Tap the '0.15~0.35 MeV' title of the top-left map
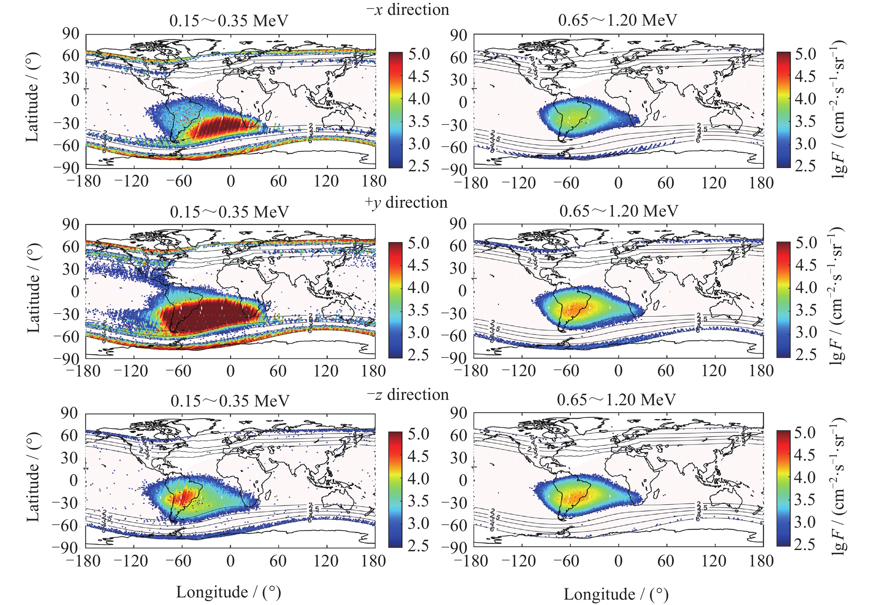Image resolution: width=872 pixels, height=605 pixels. tap(229, 21)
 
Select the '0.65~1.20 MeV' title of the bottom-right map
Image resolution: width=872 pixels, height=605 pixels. tap(616, 400)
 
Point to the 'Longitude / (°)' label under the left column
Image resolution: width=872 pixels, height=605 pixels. tap(228, 592)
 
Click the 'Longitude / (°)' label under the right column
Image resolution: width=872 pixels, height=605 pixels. tap(616, 594)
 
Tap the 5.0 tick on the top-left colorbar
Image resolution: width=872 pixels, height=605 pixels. tap(419, 54)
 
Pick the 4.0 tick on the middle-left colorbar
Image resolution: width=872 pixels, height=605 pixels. tap(418, 287)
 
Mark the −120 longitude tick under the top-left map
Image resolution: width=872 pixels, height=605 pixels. tap(132, 181)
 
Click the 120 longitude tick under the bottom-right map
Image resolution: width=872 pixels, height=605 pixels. tap(714, 561)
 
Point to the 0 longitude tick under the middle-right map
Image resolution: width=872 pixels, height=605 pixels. tap(618, 371)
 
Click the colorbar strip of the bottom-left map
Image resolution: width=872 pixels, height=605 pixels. tap(395, 489)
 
